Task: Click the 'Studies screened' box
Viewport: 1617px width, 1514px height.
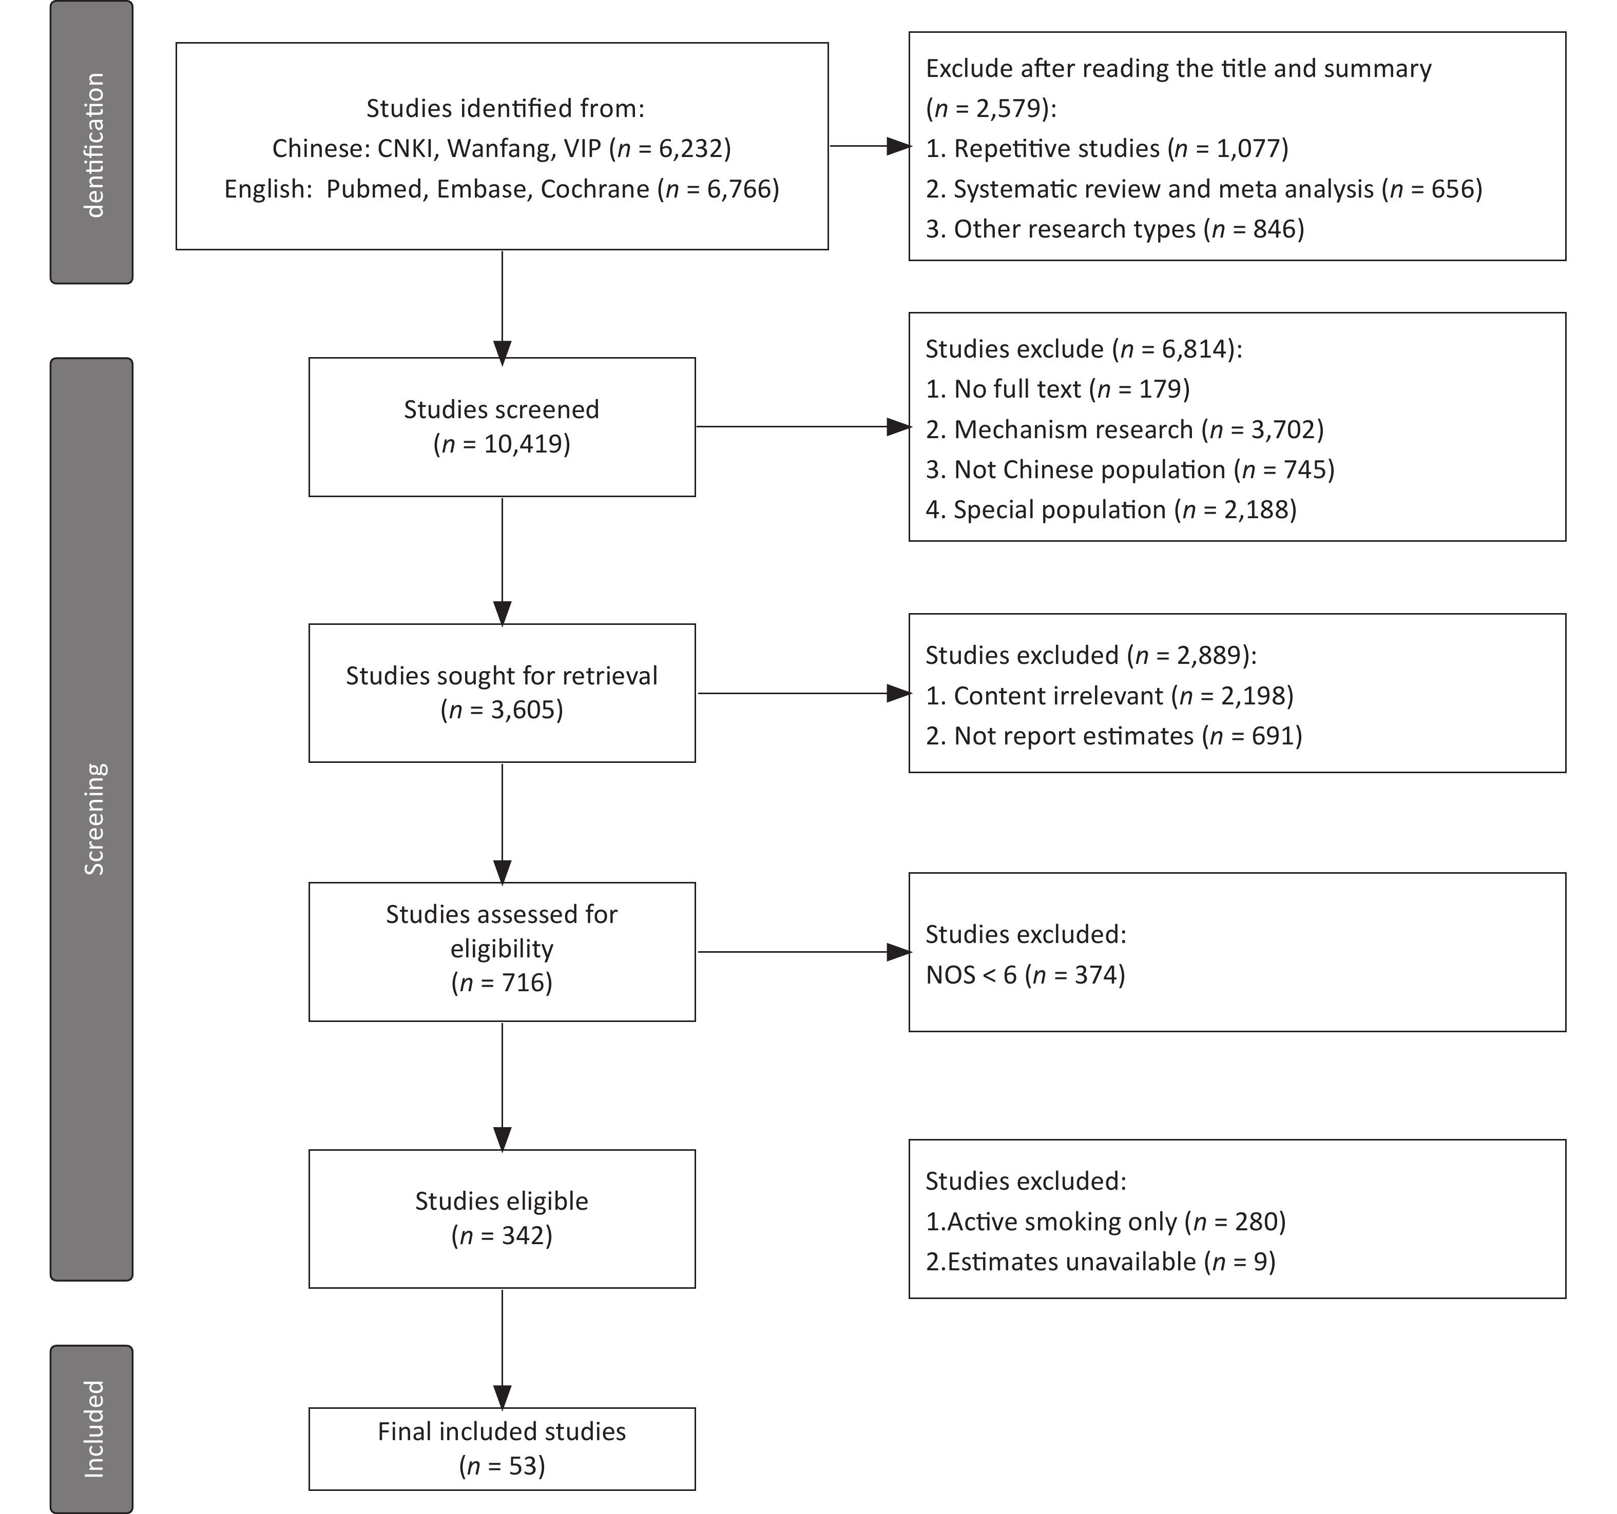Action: [502, 427]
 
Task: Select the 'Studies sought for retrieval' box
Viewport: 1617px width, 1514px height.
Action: [502, 693]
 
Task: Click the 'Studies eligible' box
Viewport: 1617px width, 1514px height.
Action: [502, 1218]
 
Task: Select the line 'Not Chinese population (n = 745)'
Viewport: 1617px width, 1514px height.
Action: [1130, 469]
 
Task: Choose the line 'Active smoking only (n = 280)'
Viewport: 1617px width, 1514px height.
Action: [1105, 1221]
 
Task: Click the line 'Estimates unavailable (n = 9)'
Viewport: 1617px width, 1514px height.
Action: [1101, 1261]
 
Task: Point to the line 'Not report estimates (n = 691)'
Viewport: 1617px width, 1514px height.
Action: [1113, 736]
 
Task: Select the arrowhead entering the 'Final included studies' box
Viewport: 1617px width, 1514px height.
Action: [503, 1396]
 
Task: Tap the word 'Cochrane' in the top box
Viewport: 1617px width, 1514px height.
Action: [594, 189]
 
